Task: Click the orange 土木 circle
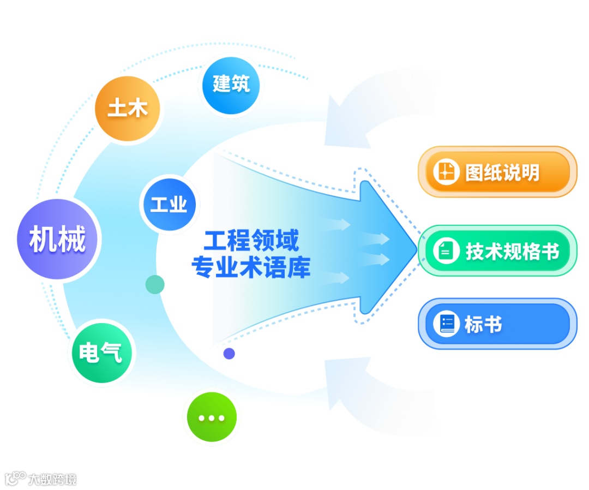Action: click(128, 108)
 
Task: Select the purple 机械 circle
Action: click(58, 240)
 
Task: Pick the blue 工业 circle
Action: click(169, 205)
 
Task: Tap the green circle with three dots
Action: click(212, 418)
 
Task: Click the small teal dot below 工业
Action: click(155, 284)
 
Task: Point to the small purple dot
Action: click(229, 354)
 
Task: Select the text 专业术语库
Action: click(251, 267)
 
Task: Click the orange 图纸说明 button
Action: click(497, 172)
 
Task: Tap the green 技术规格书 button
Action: click(497, 251)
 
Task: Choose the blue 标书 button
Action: click(497, 324)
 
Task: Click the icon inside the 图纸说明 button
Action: click(446, 172)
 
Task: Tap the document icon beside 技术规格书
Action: click(446, 251)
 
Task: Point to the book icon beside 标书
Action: click(446, 324)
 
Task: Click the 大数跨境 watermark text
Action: click(52, 480)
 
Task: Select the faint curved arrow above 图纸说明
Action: click(371, 109)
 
